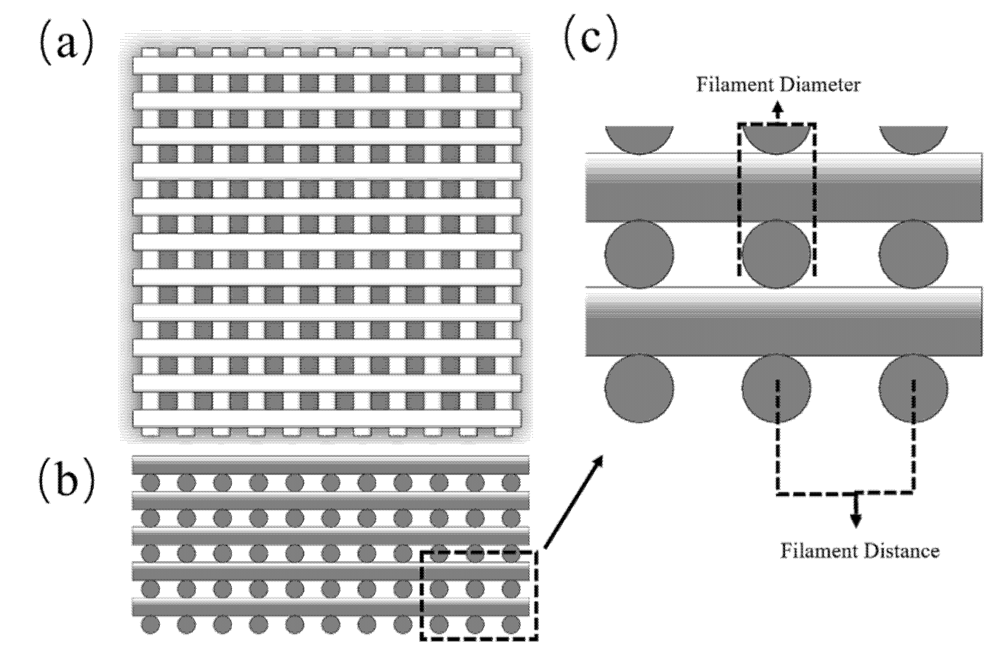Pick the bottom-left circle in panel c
tap(639, 388)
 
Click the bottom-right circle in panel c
tap(913, 388)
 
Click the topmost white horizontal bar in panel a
tap(327, 66)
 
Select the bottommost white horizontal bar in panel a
tap(327, 418)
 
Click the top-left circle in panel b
tap(150, 483)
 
